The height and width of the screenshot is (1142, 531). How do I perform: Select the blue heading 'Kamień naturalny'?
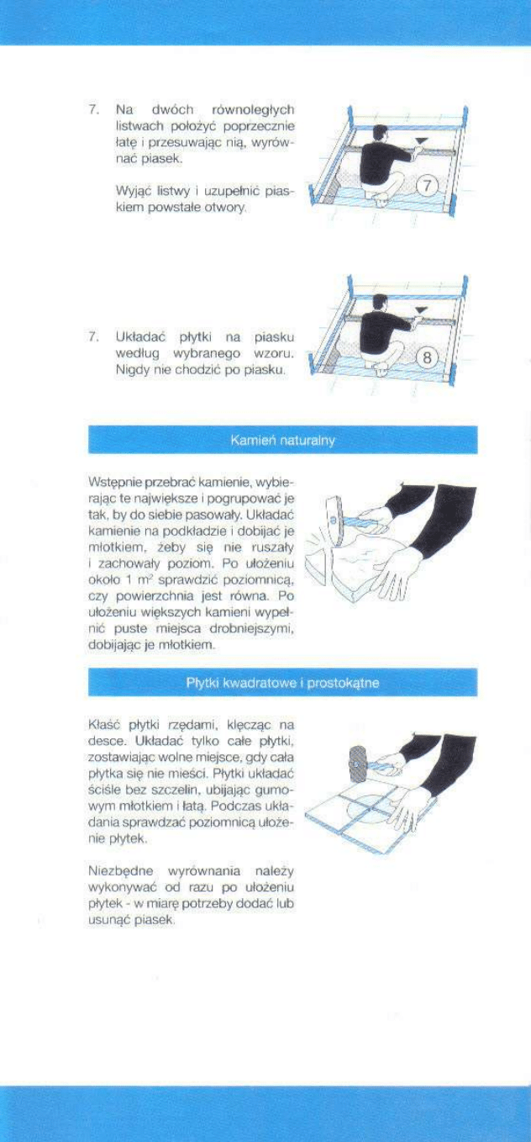(x=282, y=441)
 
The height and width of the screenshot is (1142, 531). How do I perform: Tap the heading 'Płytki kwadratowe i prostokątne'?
(x=282, y=682)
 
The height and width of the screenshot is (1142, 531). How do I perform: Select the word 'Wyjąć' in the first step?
(x=131, y=191)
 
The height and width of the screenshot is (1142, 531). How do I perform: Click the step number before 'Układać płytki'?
(x=94, y=336)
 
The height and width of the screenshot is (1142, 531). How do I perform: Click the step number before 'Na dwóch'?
(x=94, y=110)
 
